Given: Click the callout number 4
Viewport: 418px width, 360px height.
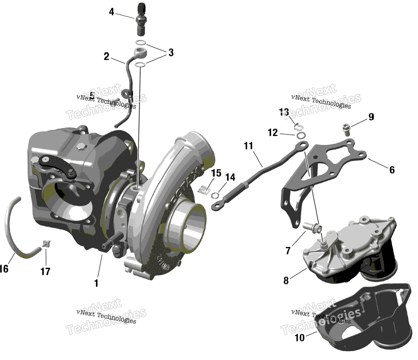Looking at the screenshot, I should [x=111, y=12].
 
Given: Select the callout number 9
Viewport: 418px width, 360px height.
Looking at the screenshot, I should [x=371, y=117].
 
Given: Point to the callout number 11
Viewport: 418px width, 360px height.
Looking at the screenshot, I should [x=249, y=146].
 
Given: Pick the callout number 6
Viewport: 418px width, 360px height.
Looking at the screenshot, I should [x=392, y=170].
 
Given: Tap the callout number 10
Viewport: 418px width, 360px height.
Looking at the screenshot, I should [x=300, y=337].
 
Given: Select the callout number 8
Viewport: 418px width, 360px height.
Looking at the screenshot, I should [x=286, y=281].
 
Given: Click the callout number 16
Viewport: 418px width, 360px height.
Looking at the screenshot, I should [x=4, y=269].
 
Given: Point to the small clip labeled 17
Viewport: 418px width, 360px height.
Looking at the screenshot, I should [x=46, y=243].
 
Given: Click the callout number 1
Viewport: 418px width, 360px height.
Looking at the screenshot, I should [x=96, y=283].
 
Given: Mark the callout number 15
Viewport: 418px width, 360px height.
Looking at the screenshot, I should [x=216, y=172].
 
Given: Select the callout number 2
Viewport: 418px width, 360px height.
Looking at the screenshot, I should [x=107, y=56].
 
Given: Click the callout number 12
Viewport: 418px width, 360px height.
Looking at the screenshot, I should [x=273, y=132].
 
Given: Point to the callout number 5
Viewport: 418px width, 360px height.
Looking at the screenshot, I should [x=92, y=95].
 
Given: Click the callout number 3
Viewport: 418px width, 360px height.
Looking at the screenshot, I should [x=171, y=53].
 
